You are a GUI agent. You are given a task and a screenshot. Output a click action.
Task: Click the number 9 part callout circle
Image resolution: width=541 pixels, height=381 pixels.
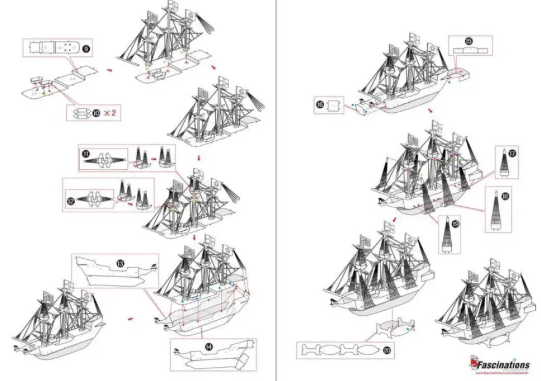(x=85, y=49)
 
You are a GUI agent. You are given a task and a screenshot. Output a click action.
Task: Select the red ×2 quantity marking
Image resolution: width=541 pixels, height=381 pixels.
(x=110, y=113)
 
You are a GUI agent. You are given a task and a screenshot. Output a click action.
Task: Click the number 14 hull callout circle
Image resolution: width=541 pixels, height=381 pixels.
(x=209, y=347)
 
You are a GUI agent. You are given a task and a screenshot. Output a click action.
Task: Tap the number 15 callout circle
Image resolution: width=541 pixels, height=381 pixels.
(x=468, y=41)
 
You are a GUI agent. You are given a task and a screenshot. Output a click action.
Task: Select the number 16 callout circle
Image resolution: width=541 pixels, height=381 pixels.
(x=320, y=104)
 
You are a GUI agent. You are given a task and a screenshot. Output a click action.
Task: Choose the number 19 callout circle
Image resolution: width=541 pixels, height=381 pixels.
(x=456, y=223)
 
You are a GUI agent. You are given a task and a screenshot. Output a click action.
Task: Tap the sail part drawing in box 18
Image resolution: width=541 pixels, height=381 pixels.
(x=494, y=211)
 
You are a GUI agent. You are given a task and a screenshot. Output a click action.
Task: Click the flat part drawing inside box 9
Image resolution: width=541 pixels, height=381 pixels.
(x=52, y=48)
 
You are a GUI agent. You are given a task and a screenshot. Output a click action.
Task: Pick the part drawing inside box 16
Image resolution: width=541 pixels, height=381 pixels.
(x=334, y=104)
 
